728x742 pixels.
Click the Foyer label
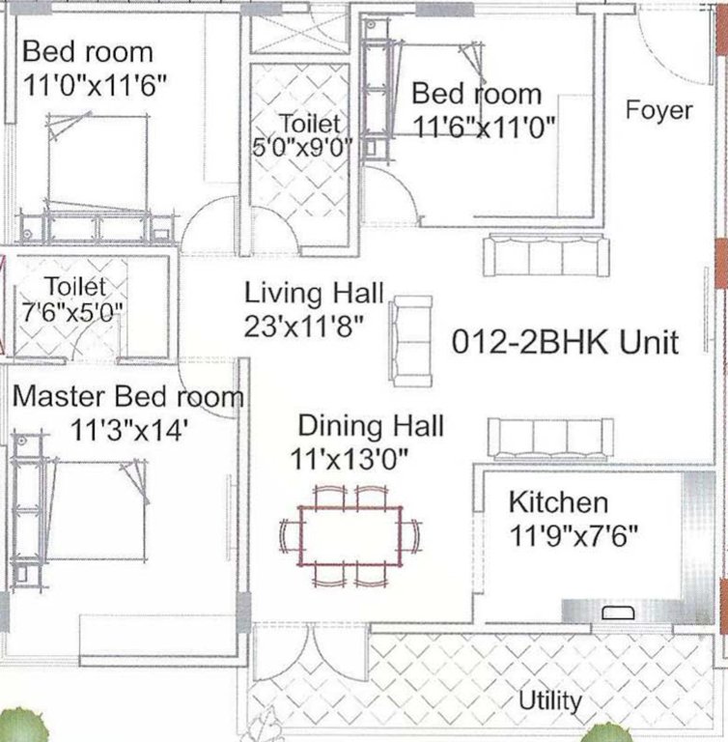coord(658,109)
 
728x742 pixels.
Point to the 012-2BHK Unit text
coord(566,341)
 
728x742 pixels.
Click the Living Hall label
coord(314,292)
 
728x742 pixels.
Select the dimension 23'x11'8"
coord(303,326)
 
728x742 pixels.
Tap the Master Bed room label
coord(127,396)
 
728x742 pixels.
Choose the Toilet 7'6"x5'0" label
coord(67,300)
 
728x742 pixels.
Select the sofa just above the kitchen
coord(547,438)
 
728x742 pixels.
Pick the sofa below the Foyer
coord(546,255)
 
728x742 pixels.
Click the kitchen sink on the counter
coord(615,612)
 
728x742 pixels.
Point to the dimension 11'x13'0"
coord(350,459)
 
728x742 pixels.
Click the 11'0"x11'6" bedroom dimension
coord(95,84)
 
